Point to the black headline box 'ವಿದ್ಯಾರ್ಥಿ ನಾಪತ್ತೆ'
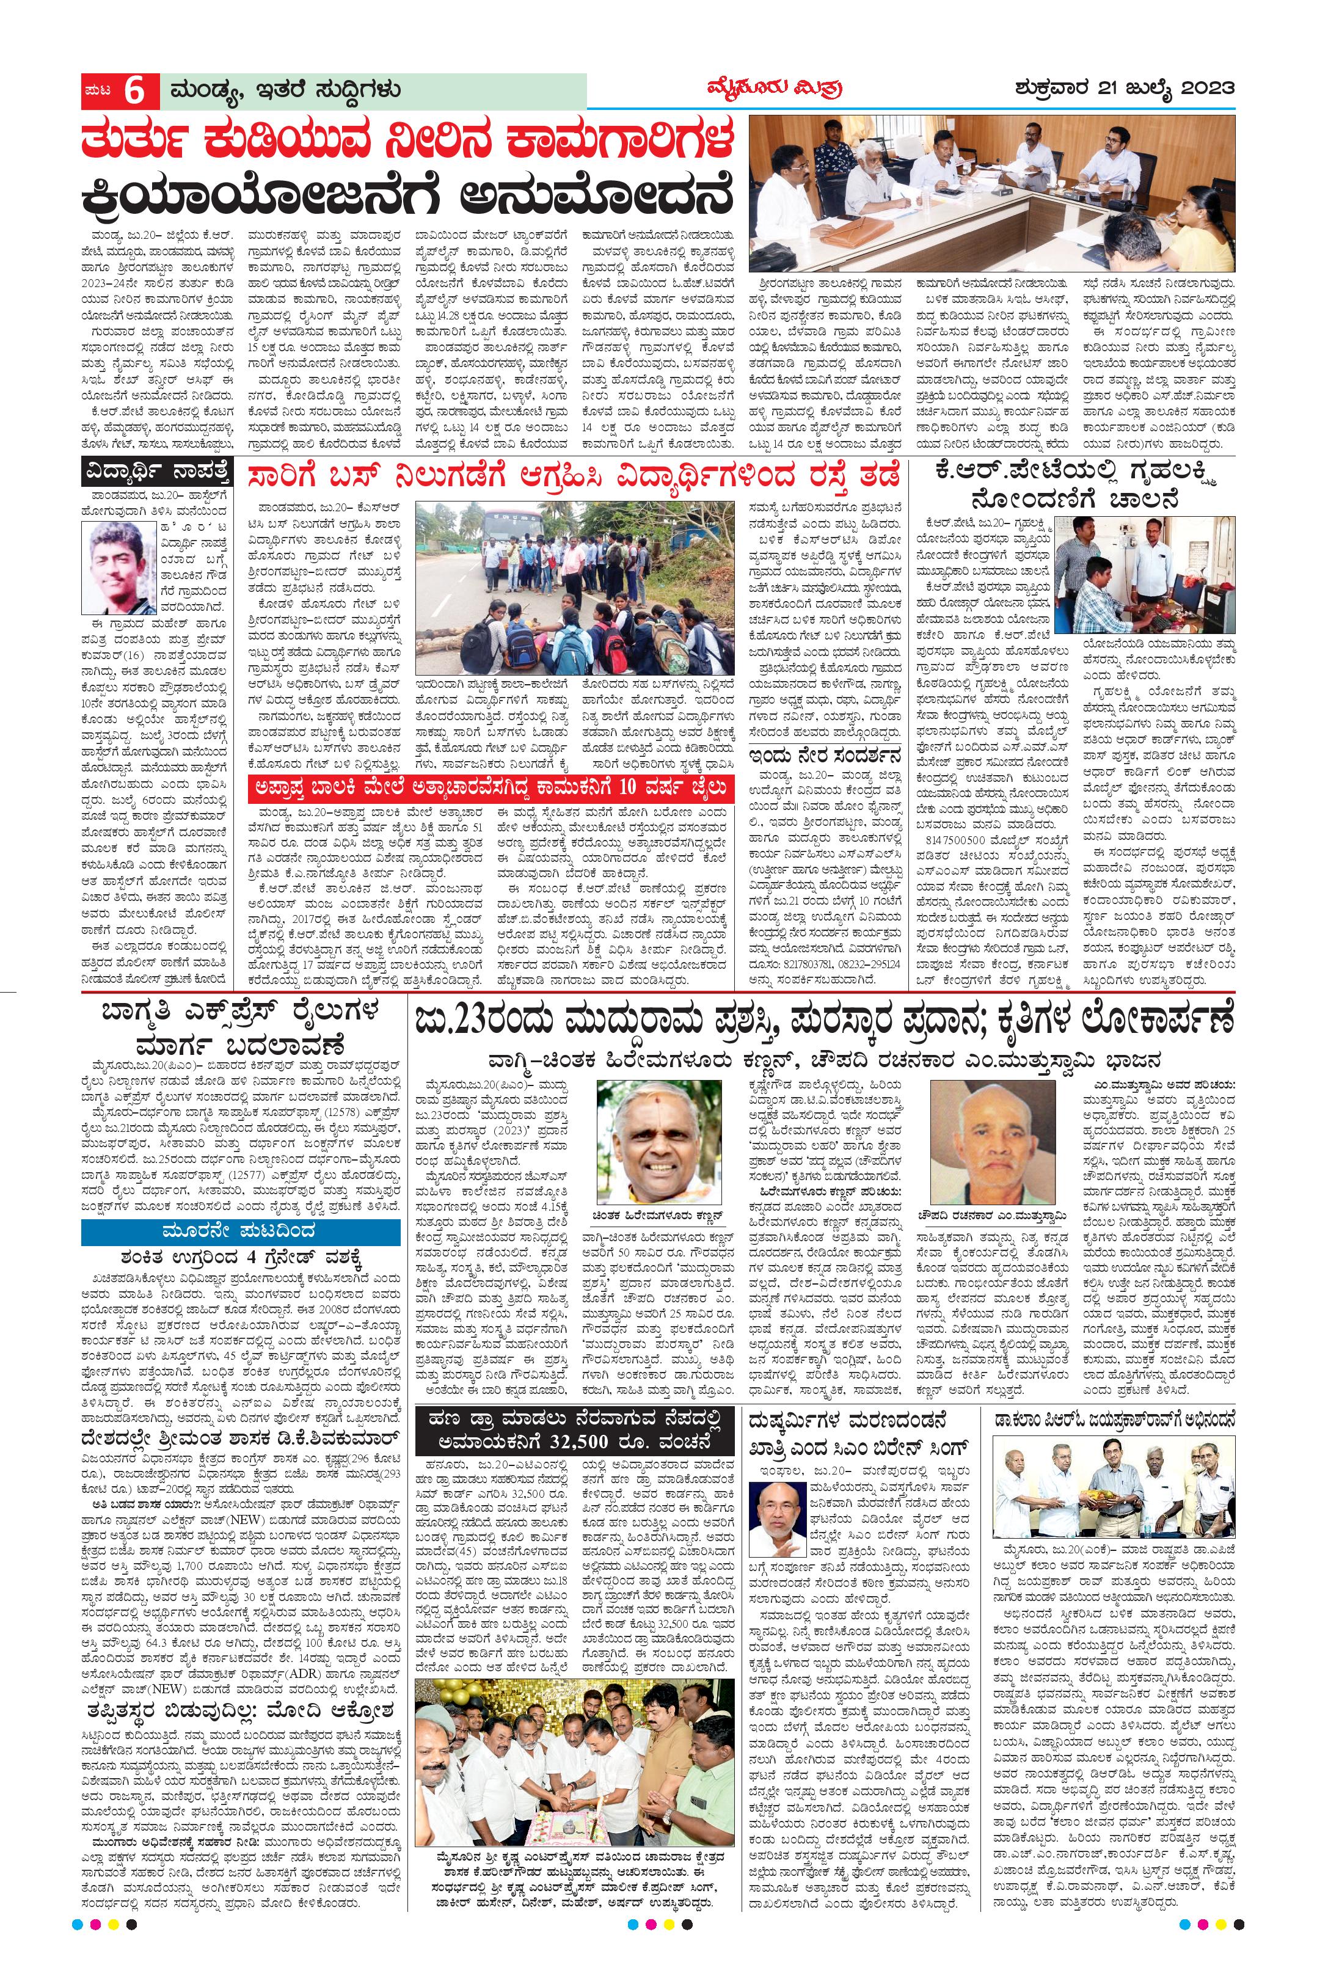(155, 474)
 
